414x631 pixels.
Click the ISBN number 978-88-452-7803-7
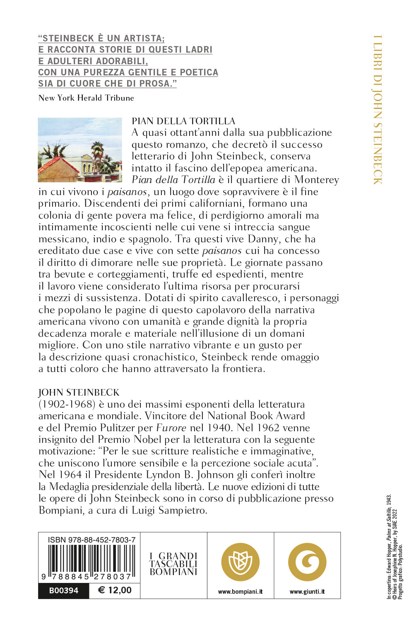pyautogui.click(x=91, y=540)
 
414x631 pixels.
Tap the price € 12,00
pyautogui.click(x=115, y=590)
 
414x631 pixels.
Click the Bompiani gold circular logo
pyautogui.click(x=241, y=562)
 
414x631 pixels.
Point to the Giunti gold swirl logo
pyautogui.click(x=307, y=562)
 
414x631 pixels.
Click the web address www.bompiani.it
pyautogui.click(x=241, y=592)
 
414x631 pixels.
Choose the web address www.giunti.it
pyautogui.click(x=307, y=592)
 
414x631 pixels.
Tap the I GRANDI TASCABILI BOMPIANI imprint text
pyautogui.click(x=173, y=564)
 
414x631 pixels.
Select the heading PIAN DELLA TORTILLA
pyautogui.click(x=183, y=121)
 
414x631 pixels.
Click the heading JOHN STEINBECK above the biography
pyautogui.click(x=79, y=392)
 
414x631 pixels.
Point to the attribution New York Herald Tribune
pyautogui.click(x=86, y=98)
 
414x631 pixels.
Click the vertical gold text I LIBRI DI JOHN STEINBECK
pyautogui.click(x=377, y=110)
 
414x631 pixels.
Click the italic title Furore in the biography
pyautogui.click(x=171, y=428)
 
